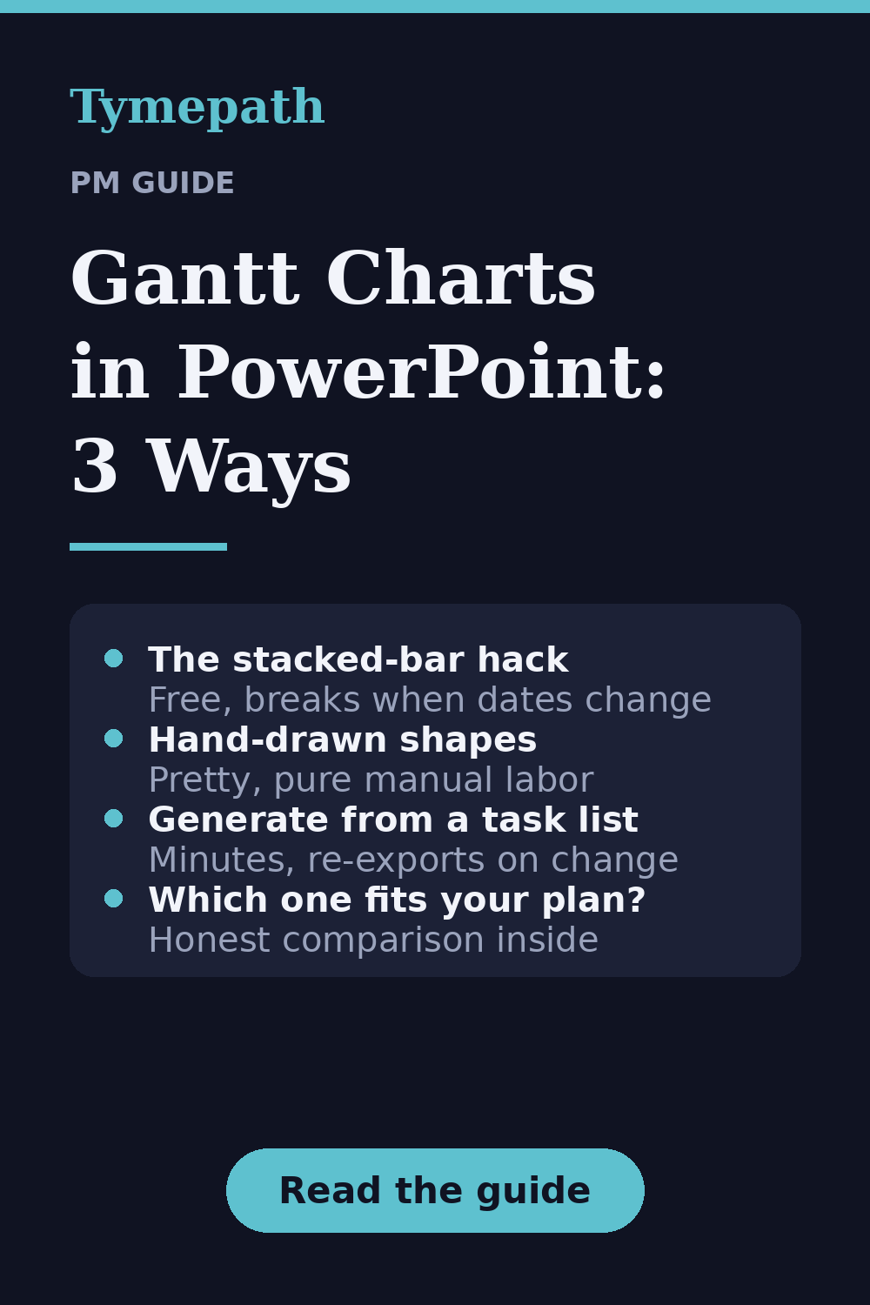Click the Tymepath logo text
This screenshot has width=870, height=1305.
(x=197, y=108)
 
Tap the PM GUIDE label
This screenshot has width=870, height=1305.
(x=152, y=183)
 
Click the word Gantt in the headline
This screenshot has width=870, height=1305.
(x=184, y=278)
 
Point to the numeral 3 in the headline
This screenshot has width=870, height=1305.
(x=95, y=465)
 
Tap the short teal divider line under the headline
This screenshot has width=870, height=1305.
(x=148, y=546)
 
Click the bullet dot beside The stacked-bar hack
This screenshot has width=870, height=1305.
(x=114, y=659)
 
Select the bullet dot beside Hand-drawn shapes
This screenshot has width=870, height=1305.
(x=114, y=738)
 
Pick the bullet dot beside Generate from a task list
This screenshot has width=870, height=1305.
(x=114, y=818)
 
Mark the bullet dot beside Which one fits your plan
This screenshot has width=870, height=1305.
(x=114, y=899)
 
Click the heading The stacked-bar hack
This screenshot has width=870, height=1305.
(x=358, y=659)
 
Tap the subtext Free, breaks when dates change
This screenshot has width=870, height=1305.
(x=430, y=699)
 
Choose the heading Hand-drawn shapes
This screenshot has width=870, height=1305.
(x=343, y=739)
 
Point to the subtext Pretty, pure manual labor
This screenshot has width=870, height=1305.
(x=371, y=780)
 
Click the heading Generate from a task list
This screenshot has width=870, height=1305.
(x=393, y=820)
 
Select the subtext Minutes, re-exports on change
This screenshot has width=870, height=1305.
(x=414, y=860)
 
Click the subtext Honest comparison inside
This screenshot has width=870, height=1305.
(x=373, y=940)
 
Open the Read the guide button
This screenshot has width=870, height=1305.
(x=435, y=1190)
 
